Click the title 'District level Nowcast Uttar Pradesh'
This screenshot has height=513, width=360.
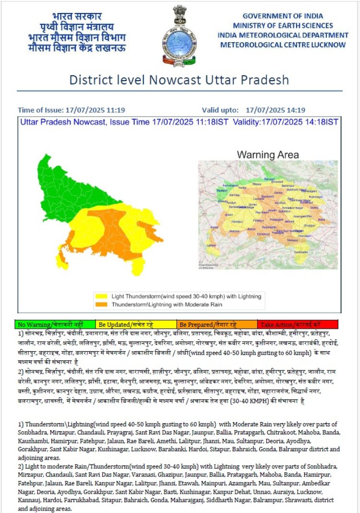pyautogui.click(x=179, y=80)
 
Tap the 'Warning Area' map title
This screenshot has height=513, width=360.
pyautogui.click(x=268, y=155)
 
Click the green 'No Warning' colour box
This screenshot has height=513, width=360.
pyautogui.click(x=55, y=324)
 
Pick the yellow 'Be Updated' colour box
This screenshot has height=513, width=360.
pyautogui.click(x=136, y=324)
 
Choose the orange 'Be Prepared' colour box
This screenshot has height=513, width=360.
pyautogui.click(x=217, y=324)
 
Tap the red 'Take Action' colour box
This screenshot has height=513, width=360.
pyautogui.click(x=298, y=324)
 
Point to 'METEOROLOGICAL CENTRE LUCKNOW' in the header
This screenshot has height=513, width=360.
pyautogui.click(x=283, y=45)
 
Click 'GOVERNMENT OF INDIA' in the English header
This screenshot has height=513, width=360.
pyautogui.click(x=283, y=16)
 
